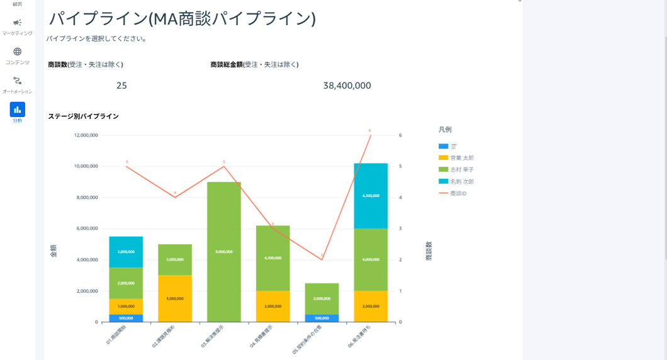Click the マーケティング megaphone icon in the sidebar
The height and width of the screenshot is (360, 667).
tap(17, 23)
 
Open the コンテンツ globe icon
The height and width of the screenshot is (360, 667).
tap(17, 52)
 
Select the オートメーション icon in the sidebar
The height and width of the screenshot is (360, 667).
tap(17, 81)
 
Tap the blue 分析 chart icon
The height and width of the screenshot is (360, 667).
tap(17, 110)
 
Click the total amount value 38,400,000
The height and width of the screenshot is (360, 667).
tap(347, 86)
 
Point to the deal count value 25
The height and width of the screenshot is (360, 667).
tap(121, 86)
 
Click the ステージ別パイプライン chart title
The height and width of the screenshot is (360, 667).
tap(83, 116)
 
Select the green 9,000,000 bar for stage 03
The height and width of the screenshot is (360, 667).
tap(223, 252)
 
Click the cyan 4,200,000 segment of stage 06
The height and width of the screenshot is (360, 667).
tap(371, 196)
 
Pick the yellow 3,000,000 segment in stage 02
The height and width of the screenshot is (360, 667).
tap(175, 298)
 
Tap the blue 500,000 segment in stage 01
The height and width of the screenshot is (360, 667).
tap(126, 318)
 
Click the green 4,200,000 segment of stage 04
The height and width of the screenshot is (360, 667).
tap(272, 258)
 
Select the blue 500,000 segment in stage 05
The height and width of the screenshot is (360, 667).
tap(322, 318)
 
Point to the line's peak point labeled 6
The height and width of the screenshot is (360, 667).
tap(371, 135)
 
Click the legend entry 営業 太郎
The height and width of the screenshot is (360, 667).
tap(462, 158)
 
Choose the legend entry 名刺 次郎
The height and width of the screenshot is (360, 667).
tap(462, 182)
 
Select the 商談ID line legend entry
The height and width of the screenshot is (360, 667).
tap(458, 193)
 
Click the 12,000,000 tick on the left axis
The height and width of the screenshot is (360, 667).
tap(86, 135)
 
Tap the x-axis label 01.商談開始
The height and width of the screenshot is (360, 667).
tap(116, 335)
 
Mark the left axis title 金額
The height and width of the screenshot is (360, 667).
tap(53, 250)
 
